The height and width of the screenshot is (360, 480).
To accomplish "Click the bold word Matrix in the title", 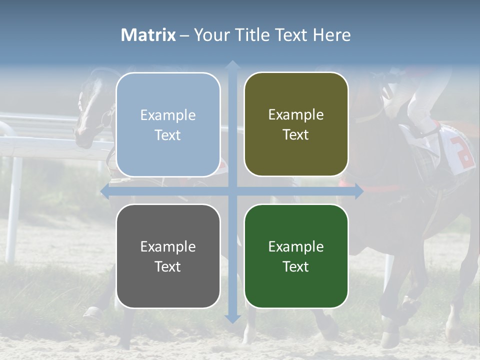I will point(148,35).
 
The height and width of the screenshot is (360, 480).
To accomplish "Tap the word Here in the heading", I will point(332,35).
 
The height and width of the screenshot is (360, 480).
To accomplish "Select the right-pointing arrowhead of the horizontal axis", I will point(359,191).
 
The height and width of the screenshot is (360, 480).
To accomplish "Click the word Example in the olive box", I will point(296,115).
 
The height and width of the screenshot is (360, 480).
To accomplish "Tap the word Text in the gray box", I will point(168,266).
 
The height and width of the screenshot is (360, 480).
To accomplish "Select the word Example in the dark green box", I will point(296,246).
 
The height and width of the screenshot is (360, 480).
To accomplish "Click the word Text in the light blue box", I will point(168,135).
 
